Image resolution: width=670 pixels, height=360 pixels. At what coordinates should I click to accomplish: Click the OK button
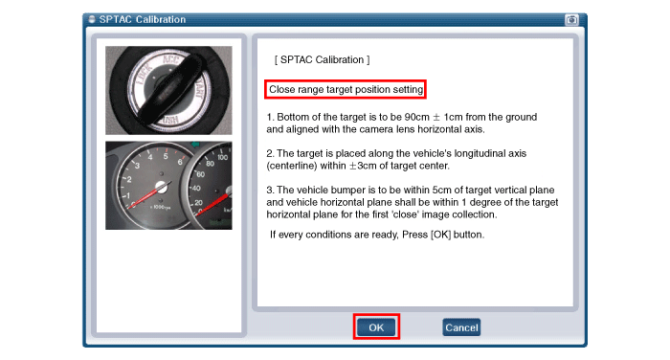[x=376, y=327]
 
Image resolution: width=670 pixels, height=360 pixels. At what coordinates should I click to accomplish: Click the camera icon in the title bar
[x=571, y=20]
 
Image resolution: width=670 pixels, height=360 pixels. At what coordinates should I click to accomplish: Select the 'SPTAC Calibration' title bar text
[x=143, y=19]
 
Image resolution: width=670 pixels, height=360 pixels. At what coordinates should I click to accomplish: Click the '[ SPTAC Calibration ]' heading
[x=323, y=60]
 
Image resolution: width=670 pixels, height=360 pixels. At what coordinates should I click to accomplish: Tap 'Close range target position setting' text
[x=346, y=89]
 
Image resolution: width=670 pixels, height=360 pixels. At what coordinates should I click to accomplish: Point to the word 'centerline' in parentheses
[x=292, y=166]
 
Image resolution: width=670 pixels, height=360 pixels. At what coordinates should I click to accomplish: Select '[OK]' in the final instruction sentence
[x=440, y=235]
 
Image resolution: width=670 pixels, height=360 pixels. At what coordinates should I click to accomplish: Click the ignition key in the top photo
[x=169, y=88]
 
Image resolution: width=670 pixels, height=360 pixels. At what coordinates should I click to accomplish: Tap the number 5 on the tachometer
[x=166, y=156]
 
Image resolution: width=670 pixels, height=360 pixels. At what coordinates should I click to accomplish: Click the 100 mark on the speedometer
[x=222, y=157]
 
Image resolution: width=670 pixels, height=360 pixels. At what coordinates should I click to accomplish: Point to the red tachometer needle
[x=148, y=196]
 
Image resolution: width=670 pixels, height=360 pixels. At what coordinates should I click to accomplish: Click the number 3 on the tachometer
[x=137, y=166]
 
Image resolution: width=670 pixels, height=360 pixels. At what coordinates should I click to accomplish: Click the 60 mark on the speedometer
[x=200, y=174]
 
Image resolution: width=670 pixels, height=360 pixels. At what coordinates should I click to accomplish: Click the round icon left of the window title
[x=92, y=19]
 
